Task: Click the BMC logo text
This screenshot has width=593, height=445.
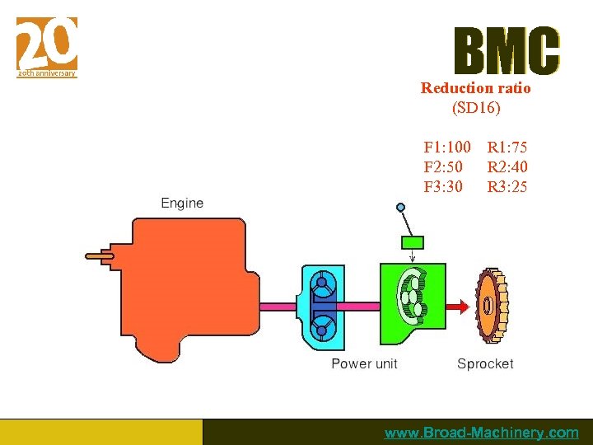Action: (x=507, y=51)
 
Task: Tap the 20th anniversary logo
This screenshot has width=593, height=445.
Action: (x=47, y=47)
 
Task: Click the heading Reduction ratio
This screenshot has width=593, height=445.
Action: (x=475, y=88)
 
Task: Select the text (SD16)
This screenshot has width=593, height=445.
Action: (x=476, y=107)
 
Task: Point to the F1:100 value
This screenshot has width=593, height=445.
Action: (x=447, y=148)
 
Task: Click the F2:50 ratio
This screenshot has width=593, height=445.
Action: (x=442, y=167)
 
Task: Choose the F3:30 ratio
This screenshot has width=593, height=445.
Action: (x=442, y=187)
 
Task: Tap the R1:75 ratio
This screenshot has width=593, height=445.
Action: (x=507, y=148)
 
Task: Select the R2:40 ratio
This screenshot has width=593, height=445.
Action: (x=507, y=167)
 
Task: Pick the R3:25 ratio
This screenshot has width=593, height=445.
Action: (x=507, y=187)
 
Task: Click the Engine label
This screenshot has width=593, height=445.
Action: (x=182, y=203)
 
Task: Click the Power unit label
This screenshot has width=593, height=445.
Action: (x=364, y=363)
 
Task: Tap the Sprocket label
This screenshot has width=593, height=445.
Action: (x=485, y=363)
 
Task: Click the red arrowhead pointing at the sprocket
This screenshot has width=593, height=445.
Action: (x=463, y=307)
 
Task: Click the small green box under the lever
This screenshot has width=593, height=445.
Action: (x=411, y=242)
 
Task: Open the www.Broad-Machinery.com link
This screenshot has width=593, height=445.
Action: (x=482, y=433)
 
